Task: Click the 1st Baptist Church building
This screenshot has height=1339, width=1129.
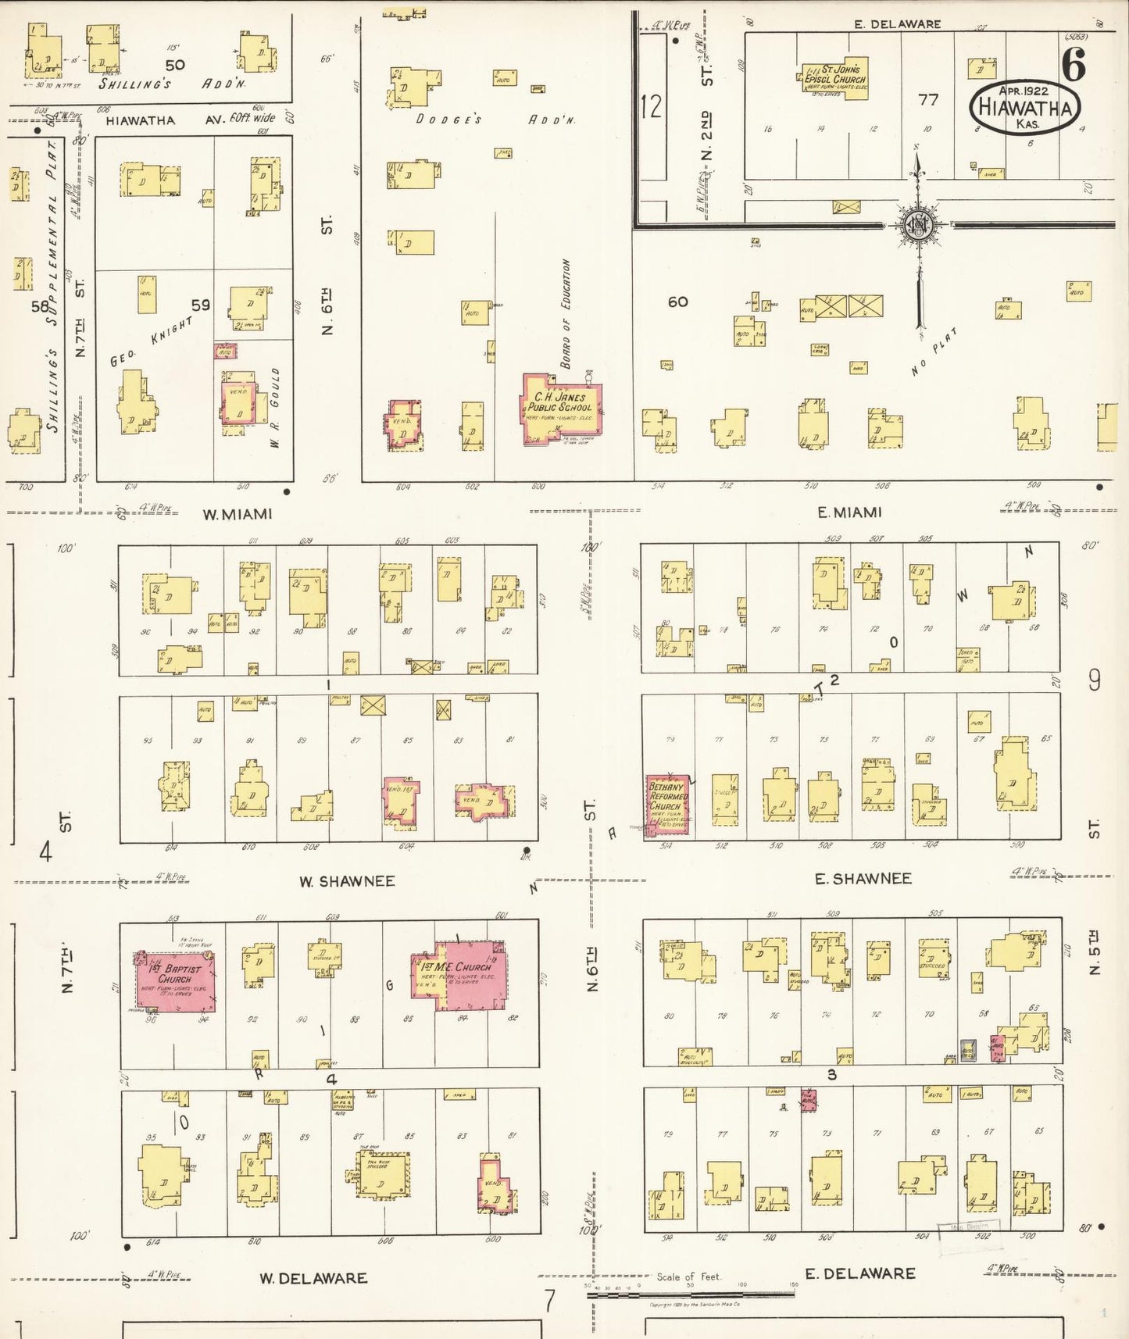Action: click(177, 982)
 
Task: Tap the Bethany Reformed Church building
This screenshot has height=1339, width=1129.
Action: click(666, 805)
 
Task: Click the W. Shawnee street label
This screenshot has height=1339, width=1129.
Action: click(347, 881)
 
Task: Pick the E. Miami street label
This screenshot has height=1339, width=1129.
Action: click(849, 512)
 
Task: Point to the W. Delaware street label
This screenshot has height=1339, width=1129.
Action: click(313, 1279)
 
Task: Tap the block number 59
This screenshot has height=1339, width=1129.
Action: click(201, 305)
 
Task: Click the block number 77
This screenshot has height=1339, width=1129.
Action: click(927, 100)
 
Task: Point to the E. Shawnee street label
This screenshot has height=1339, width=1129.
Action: click(863, 879)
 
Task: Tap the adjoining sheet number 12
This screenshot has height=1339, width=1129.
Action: click(651, 105)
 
